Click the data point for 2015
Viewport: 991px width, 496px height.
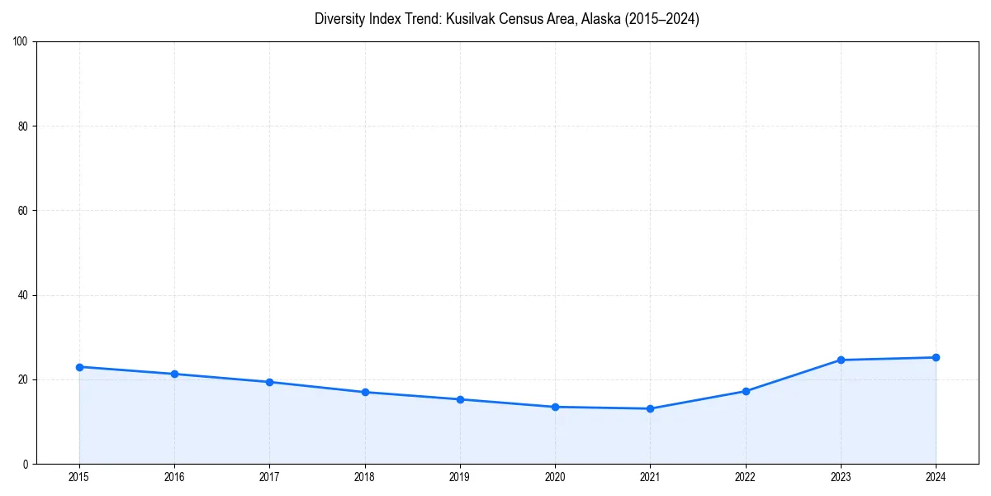(x=79, y=367)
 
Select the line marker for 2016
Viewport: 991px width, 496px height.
(x=174, y=374)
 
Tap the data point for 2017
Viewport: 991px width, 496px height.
(x=270, y=382)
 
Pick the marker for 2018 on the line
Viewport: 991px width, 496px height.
(x=365, y=392)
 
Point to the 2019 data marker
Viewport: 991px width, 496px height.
(x=460, y=399)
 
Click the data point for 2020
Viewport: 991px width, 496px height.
(x=555, y=407)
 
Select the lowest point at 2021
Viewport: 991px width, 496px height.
(x=651, y=408)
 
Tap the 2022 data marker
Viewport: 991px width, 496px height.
(x=746, y=391)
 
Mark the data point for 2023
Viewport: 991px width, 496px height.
(x=841, y=360)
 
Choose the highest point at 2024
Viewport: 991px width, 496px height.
(x=936, y=357)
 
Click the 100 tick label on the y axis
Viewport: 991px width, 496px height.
(x=21, y=41)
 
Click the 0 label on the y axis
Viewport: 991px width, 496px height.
(x=26, y=464)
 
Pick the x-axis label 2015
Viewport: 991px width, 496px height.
(x=79, y=477)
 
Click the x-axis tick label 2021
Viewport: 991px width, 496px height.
(x=651, y=477)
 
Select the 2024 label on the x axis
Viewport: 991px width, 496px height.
(x=936, y=477)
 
